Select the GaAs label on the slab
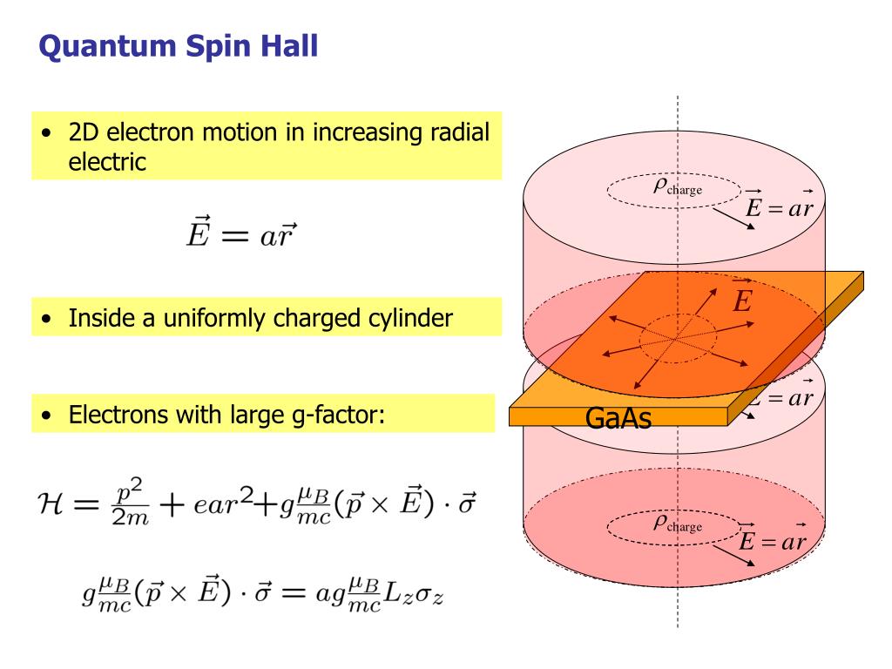click(x=618, y=419)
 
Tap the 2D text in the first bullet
click(x=82, y=134)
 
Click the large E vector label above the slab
click(x=741, y=300)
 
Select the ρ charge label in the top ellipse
click(x=677, y=186)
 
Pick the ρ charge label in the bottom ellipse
click(x=677, y=524)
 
